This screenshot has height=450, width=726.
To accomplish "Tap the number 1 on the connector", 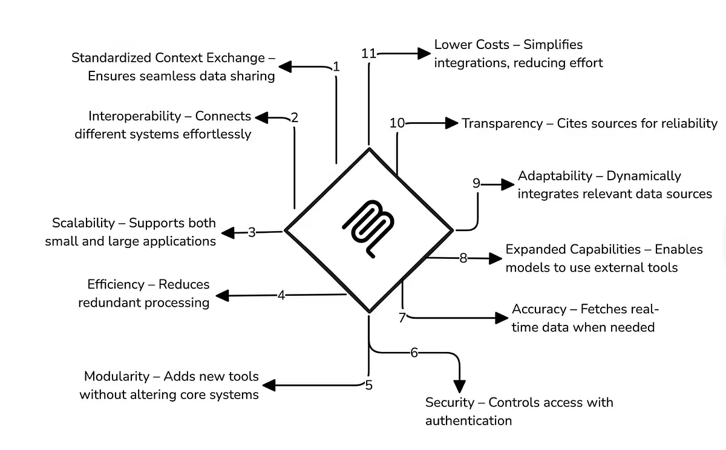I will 336,67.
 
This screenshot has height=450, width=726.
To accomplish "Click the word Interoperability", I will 134,116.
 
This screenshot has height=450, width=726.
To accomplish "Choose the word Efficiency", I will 116,284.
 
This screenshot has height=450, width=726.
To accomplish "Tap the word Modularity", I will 116,376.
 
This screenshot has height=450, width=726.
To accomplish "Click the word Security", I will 448,402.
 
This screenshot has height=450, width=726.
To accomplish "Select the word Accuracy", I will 538,309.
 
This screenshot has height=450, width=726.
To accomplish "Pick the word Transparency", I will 502,123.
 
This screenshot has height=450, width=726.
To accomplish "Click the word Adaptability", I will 555,176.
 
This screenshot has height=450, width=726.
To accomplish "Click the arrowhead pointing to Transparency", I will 451,123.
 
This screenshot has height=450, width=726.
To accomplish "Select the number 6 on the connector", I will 414,353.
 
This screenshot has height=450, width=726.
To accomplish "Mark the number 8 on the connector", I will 463,258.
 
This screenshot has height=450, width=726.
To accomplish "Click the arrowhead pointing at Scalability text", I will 227,232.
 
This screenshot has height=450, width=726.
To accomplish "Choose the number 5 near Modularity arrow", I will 368,385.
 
